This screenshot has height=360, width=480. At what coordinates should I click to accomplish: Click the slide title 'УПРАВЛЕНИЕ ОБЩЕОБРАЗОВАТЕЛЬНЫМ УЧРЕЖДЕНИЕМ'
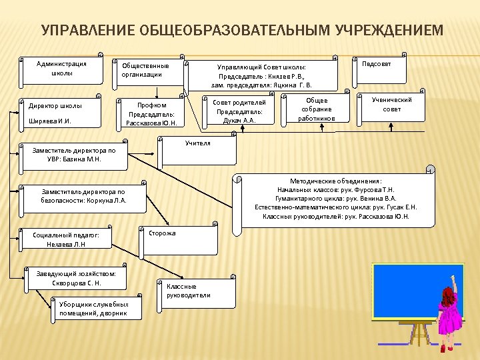pos(241,31)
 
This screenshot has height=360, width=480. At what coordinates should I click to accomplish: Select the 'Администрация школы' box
pos(61,69)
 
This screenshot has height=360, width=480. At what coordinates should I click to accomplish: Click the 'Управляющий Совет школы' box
pos(261,76)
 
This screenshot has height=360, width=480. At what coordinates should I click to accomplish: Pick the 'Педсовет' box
pos(377,64)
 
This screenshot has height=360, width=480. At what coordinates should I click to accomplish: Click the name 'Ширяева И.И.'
pos(49,121)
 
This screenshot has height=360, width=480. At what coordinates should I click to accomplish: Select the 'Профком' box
pos(151,114)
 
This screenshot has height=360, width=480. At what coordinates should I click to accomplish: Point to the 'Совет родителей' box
pos(239,111)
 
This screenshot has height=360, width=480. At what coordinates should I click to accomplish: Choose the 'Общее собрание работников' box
pos(317,109)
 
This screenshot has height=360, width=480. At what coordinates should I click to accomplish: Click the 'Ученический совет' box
pos(392,105)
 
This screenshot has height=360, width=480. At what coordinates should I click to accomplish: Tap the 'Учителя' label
pos(197,143)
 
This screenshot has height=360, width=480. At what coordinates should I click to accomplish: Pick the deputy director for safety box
pos(83,196)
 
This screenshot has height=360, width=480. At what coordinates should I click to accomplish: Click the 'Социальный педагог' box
pos(66,239)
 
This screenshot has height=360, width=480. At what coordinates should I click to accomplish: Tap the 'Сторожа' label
pos(162,233)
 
